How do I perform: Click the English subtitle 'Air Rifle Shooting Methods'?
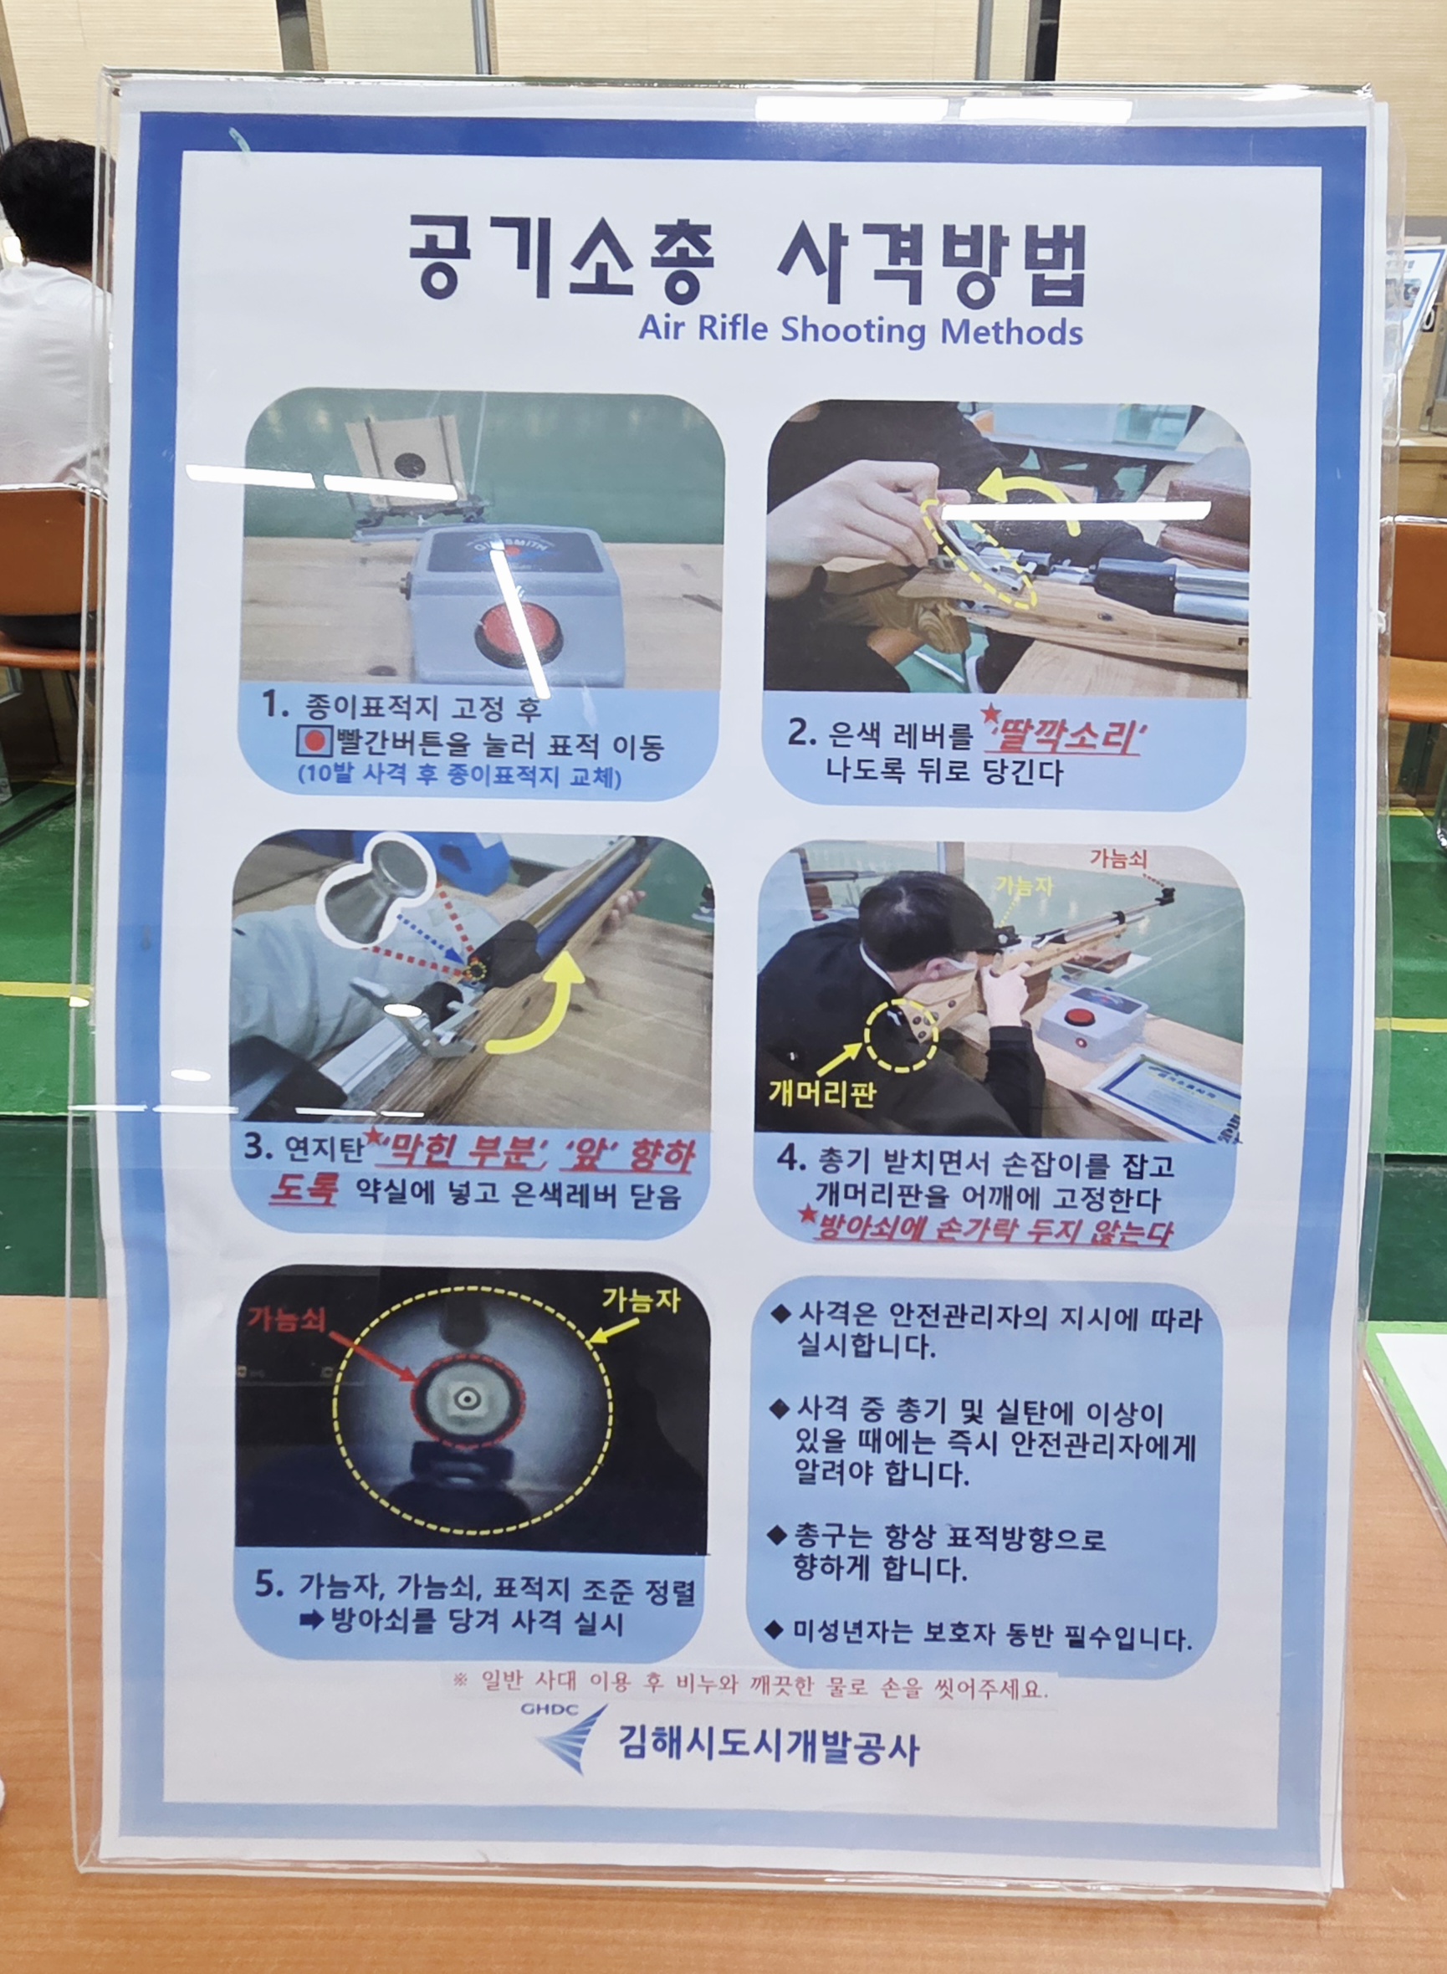click(x=860, y=331)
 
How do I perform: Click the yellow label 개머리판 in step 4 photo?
click(x=821, y=1094)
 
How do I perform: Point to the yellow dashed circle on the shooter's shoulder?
click(x=901, y=1036)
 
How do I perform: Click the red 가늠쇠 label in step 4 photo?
click(x=1118, y=858)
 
